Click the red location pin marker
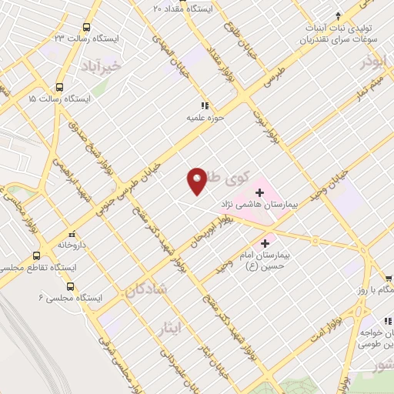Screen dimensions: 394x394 point(198,181)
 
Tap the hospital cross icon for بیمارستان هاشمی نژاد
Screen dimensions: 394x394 point(259,191)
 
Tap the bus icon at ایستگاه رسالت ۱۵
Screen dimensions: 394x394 point(60,87)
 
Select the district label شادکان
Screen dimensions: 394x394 point(143,292)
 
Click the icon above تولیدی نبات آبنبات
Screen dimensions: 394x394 point(336,17)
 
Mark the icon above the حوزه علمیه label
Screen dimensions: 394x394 point(204,105)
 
